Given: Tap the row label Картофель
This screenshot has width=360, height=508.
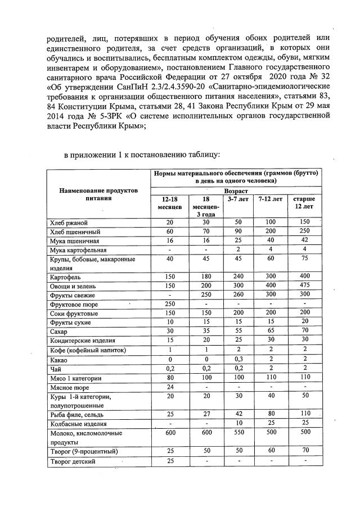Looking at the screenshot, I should pyautogui.click(x=65, y=277).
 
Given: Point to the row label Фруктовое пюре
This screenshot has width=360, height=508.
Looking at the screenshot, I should pyautogui.click(x=74, y=304).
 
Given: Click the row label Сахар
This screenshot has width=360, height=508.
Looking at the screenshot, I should pyautogui.click(x=59, y=332).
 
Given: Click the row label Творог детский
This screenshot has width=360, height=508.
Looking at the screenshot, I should pyautogui.click(x=72, y=461).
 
